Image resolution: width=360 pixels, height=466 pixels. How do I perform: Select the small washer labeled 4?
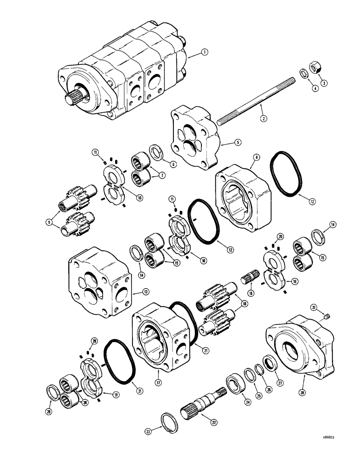[x=304, y=74]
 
